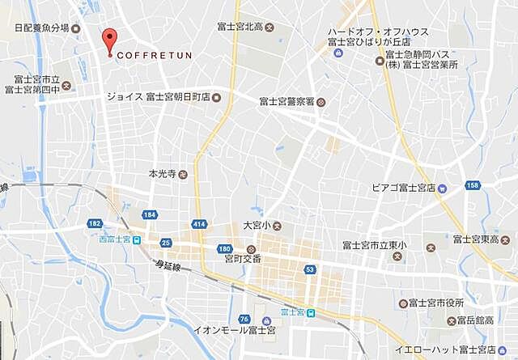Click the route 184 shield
coord(149,214)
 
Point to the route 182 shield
coord(96,222)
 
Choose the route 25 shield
coord(165,242)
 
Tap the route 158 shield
coord(473,185)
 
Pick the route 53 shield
coord(309,269)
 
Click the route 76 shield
coord(244,320)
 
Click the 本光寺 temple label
coord(162,174)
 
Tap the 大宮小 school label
coord(257,225)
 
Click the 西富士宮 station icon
coord(136,239)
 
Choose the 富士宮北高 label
coord(244,27)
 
